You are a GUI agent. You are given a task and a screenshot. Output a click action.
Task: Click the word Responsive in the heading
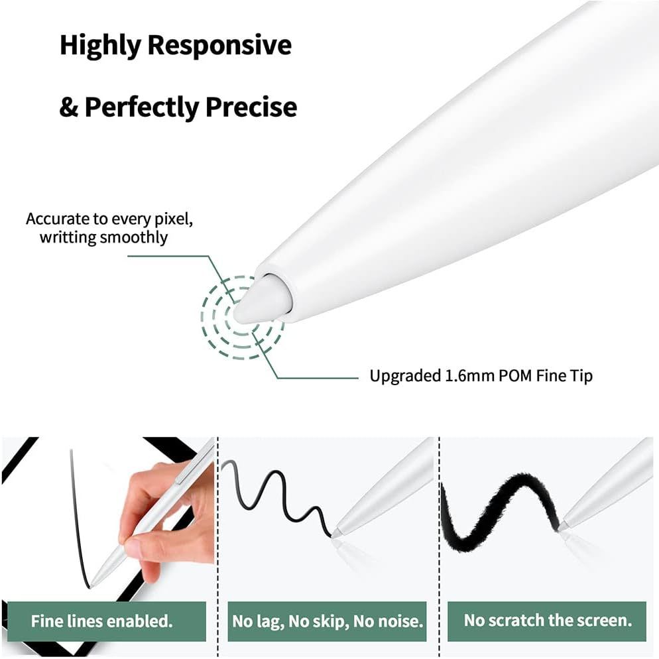pyautogui.click(x=219, y=45)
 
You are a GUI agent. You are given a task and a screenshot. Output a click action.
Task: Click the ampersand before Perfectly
pyautogui.click(x=69, y=107)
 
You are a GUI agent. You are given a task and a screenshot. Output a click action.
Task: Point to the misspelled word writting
pyautogui.click(x=68, y=237)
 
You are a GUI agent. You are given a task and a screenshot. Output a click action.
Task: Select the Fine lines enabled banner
pyautogui.click(x=107, y=621)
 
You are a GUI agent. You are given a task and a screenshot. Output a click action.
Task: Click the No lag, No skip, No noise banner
pyautogui.click(x=327, y=621)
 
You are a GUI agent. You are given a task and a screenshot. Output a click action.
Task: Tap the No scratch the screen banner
pyautogui.click(x=547, y=621)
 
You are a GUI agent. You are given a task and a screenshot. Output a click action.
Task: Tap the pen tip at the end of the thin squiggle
pyautogui.click(x=336, y=533)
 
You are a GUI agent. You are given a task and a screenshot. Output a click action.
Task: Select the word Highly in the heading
pyautogui.click(x=101, y=46)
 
